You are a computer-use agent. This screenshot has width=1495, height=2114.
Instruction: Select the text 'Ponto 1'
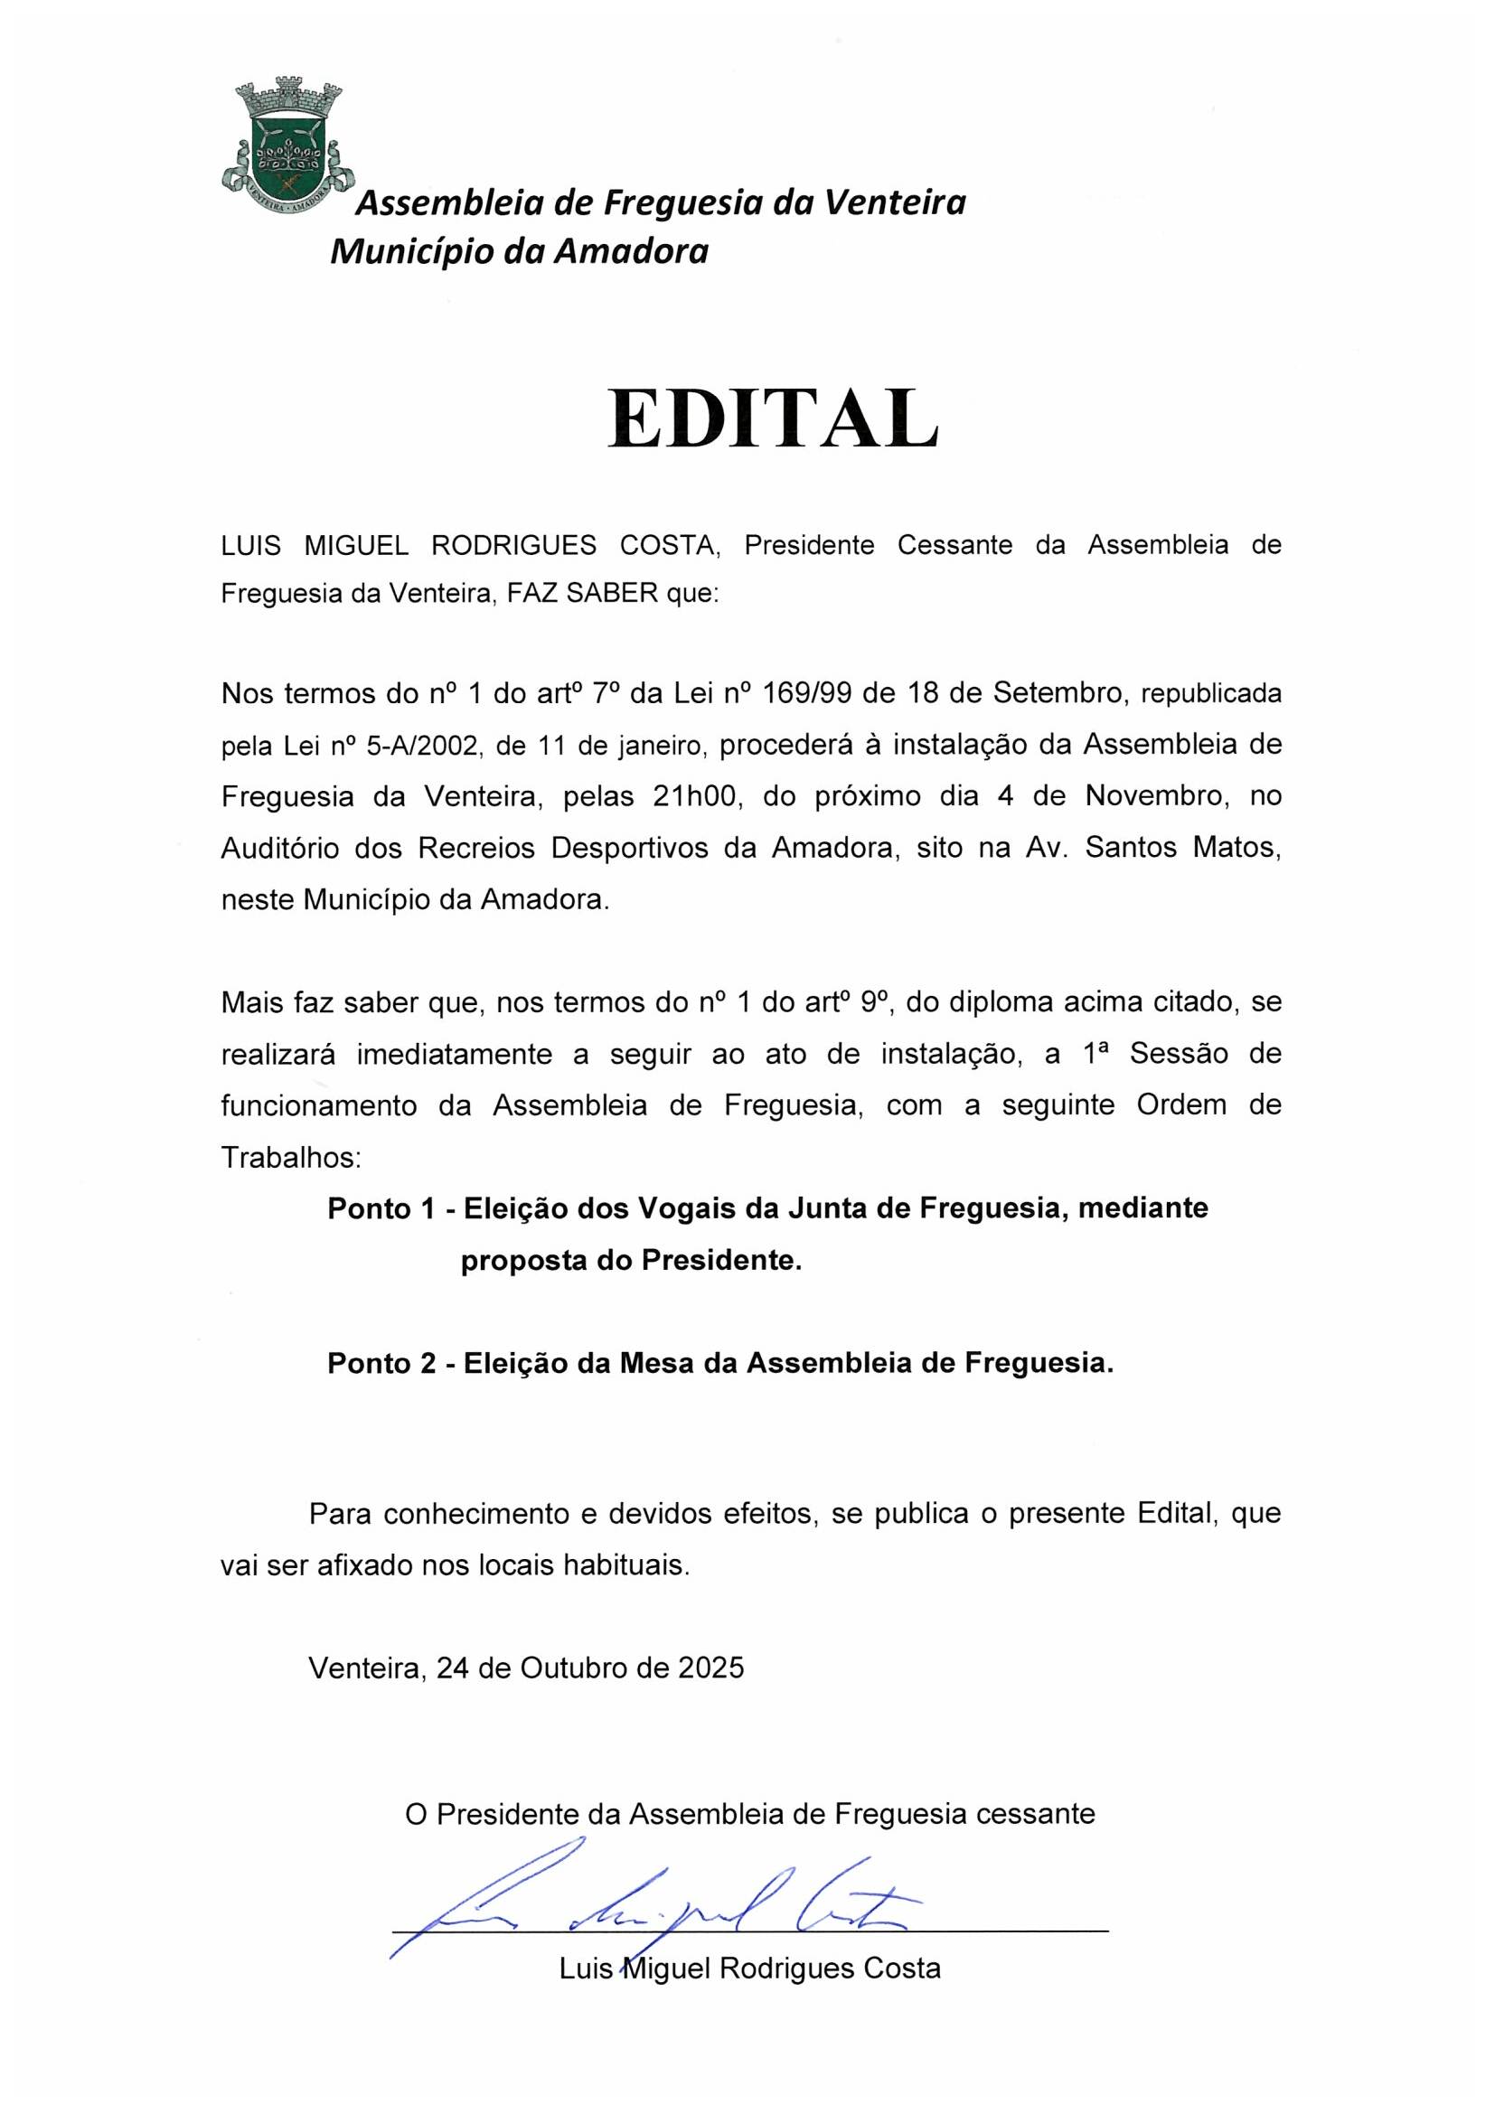(381, 1209)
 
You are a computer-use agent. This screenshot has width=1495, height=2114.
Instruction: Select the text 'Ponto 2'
(381, 1364)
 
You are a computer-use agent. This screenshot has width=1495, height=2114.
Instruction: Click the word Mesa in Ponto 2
(656, 1364)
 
